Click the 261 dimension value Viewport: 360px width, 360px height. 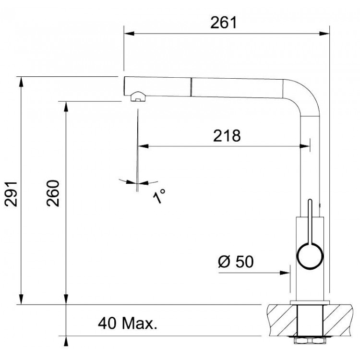point(223,23)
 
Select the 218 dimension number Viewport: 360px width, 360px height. point(227,136)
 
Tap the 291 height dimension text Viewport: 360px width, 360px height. point(11,194)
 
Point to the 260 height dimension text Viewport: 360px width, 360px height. point(53,193)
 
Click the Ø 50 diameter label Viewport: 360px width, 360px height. point(236,262)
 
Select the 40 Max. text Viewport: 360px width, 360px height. point(128,323)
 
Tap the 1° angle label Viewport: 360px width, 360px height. point(159,196)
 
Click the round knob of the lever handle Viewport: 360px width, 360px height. point(310,256)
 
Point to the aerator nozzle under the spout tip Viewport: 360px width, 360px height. point(138,96)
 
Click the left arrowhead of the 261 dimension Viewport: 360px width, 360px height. point(129,34)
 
